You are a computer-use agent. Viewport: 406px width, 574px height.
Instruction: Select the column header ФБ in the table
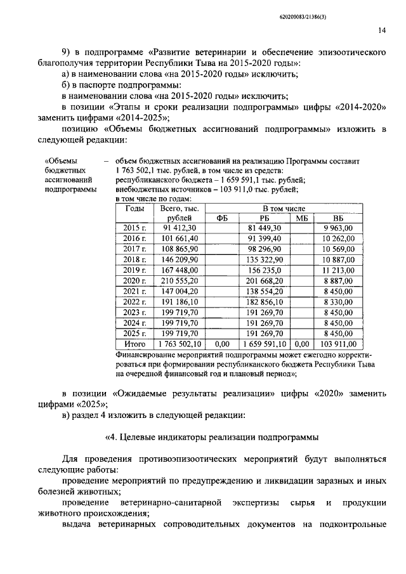(x=222, y=218)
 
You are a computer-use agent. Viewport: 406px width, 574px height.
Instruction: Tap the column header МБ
(x=301, y=218)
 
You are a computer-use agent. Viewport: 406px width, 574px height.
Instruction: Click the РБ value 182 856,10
(x=265, y=301)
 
